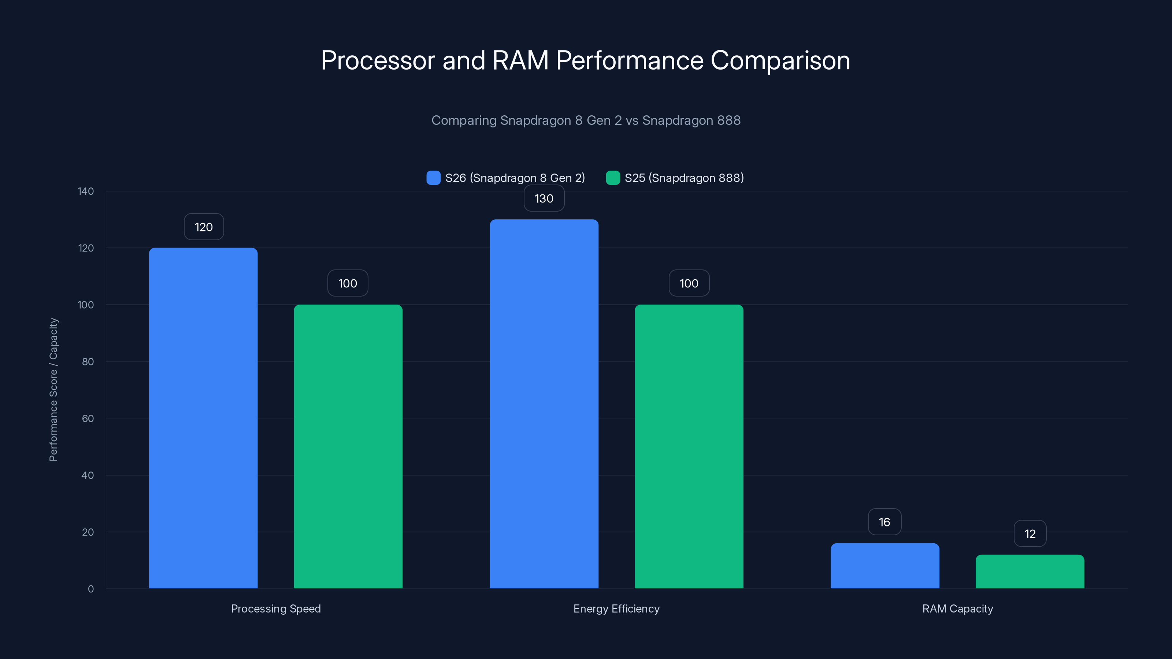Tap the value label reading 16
tap(884, 522)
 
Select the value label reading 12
tap(1030, 533)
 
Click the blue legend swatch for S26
tap(433, 178)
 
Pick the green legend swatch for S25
tap(613, 178)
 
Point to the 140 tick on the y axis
tap(86, 191)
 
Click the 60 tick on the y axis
tap(88, 418)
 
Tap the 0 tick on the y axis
tap(90, 589)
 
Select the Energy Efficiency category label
tap(616, 608)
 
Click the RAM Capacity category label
tap(957, 608)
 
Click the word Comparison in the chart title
tap(780, 60)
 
